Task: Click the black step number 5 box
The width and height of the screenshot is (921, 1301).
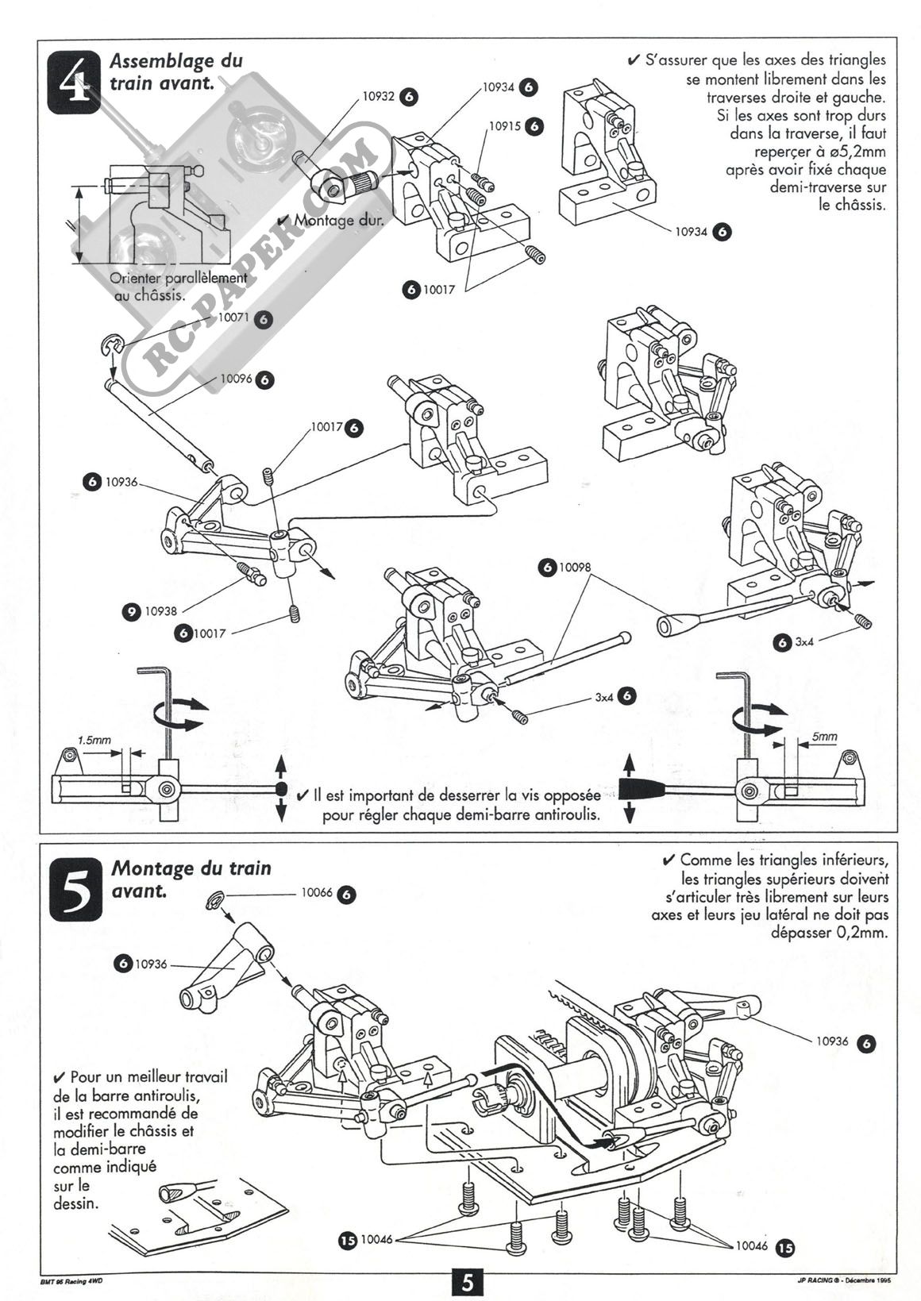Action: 75,889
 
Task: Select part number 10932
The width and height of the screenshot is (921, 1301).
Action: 378,96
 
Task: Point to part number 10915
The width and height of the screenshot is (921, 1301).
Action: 504,125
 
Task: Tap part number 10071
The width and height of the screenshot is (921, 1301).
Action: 233,318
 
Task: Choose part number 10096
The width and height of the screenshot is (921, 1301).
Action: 236,379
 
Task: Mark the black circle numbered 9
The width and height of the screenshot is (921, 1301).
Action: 131,611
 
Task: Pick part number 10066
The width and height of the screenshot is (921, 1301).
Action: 317,893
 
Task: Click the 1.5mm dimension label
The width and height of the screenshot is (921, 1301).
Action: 94,740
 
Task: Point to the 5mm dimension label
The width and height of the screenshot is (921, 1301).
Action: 824,736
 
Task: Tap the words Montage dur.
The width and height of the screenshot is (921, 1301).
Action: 338,220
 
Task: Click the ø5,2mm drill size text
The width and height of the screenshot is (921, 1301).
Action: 853,151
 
